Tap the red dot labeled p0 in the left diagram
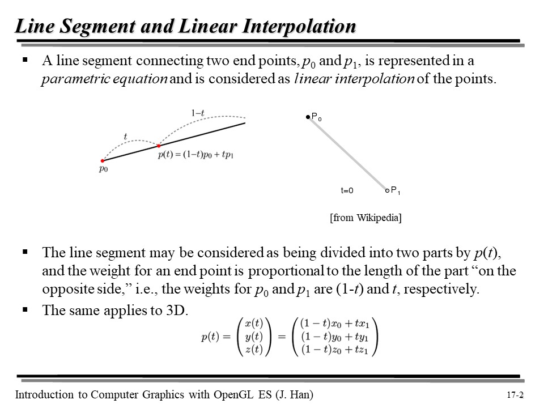[103, 161]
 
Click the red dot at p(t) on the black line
[159, 146]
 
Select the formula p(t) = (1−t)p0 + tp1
[196, 155]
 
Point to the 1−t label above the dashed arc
[198, 113]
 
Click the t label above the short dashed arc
[125, 137]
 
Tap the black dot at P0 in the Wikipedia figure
[308, 117]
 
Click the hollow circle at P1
[386, 190]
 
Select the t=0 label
[347, 191]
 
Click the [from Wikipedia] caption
[365, 218]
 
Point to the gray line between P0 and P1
[347, 153]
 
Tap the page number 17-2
[516, 396]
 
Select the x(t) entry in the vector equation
[253, 325]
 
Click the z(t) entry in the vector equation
[253, 350]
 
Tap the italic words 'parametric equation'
[104, 79]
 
